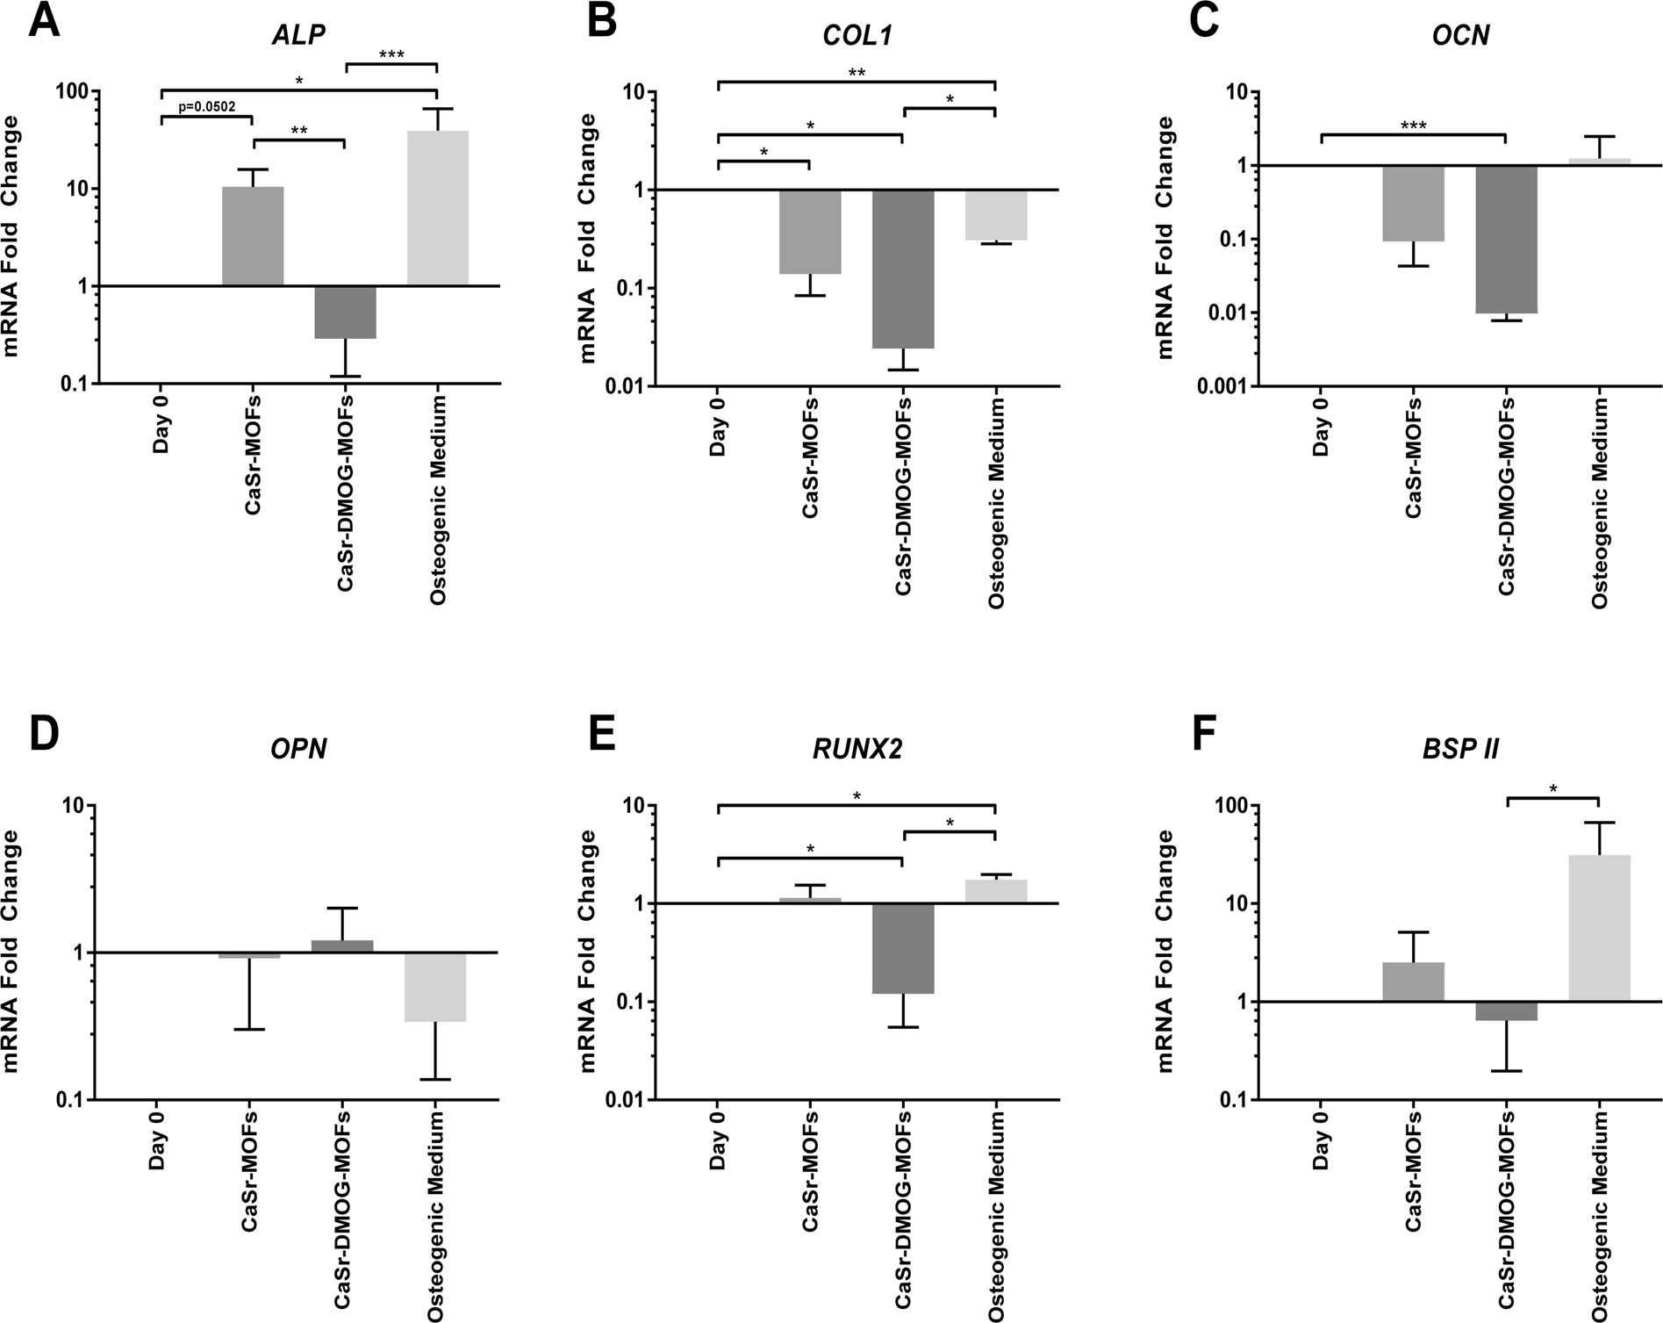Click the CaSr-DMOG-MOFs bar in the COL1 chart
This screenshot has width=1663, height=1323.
(x=903, y=269)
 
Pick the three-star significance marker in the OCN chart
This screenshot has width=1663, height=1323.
(x=1413, y=126)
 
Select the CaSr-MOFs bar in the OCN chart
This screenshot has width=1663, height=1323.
(x=1413, y=203)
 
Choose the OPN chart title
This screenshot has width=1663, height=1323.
(x=300, y=751)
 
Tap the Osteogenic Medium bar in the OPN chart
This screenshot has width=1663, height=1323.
(x=437, y=987)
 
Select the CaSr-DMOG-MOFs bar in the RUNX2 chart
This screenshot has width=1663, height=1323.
(x=903, y=948)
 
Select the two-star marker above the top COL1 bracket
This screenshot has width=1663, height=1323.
(x=857, y=73)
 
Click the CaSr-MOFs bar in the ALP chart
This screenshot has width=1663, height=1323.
(x=253, y=236)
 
